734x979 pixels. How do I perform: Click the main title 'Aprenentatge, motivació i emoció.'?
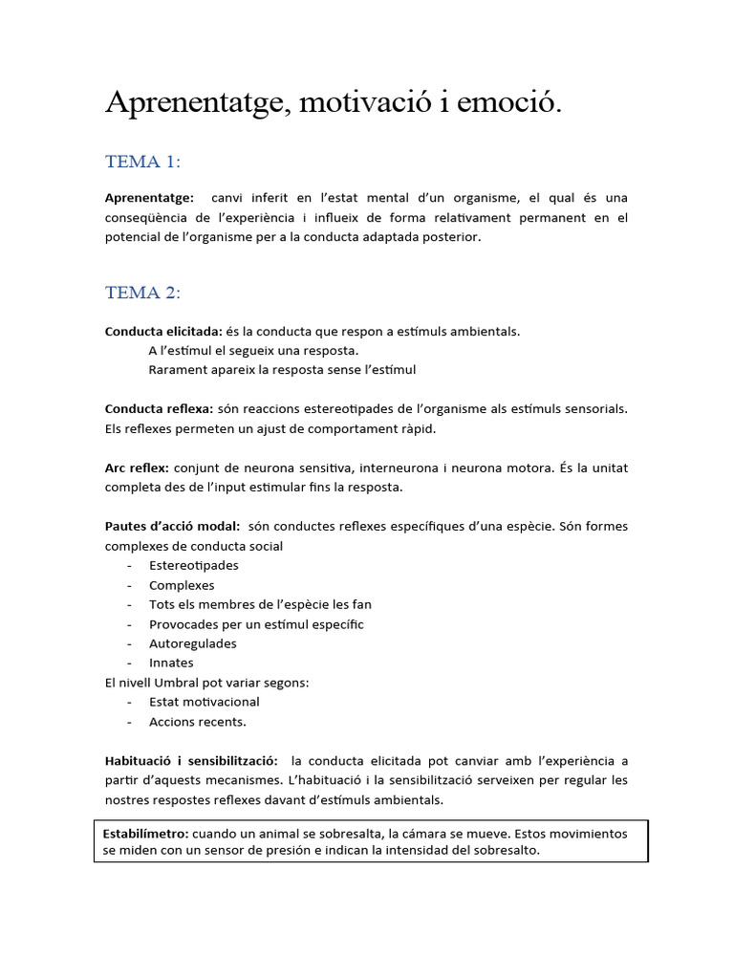[x=334, y=104]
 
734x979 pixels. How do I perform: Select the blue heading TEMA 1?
[x=142, y=162]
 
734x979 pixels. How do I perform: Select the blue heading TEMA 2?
[x=142, y=293]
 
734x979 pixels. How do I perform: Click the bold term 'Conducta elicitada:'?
[x=163, y=332]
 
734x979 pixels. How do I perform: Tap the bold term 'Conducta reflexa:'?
[x=159, y=409]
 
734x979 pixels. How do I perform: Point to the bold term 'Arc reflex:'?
[x=137, y=468]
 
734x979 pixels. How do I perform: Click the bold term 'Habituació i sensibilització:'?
[x=191, y=761]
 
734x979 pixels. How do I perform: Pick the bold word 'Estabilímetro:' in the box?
[x=145, y=834]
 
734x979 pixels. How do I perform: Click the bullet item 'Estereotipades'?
[x=194, y=566]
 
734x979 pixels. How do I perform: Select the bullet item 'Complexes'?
[x=182, y=585]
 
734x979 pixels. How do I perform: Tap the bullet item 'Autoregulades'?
[x=193, y=643]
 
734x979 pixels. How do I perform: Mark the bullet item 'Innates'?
[x=171, y=663]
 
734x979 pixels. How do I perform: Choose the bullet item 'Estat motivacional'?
[x=205, y=702]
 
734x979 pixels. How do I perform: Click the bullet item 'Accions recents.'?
[x=198, y=722]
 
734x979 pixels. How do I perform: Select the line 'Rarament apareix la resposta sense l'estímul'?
[x=282, y=370]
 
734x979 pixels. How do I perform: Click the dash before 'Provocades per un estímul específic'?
[x=128, y=624]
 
